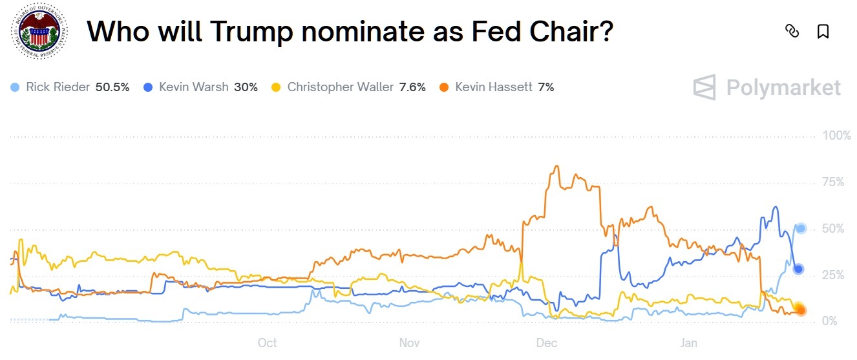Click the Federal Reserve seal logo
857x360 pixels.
coord(38,32)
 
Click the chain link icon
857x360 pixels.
coord(792,31)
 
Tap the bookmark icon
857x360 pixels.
coord(823,31)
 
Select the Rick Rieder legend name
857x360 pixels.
coord(58,87)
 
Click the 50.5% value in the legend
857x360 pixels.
coord(112,87)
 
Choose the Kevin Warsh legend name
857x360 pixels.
coord(193,87)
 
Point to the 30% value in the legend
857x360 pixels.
coord(246,87)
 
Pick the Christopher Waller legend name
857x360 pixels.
coord(340,87)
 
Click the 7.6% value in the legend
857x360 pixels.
coord(412,87)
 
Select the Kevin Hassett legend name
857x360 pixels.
coord(494,87)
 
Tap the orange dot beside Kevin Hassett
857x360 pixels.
coord(444,87)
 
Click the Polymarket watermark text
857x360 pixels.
coord(783,87)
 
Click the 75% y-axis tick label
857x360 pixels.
coord(833,182)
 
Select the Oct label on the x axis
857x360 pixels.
coord(267,343)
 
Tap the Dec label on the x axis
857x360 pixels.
coord(547,343)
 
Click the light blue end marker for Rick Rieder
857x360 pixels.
coord(801,228)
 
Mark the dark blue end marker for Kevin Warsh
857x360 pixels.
coord(799,269)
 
